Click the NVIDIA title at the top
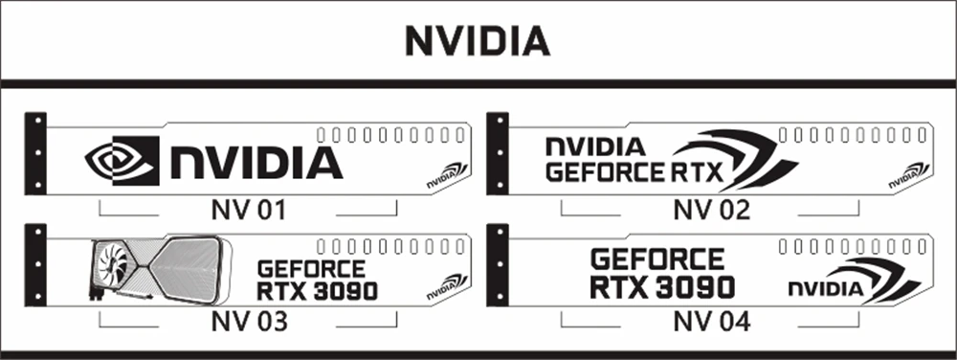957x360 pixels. pos(478,42)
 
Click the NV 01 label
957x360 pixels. pos(249,211)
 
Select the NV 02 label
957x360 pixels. pos(711,211)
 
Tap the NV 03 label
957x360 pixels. pos(249,322)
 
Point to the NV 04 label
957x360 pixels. pos(712,322)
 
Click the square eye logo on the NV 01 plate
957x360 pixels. pos(122,161)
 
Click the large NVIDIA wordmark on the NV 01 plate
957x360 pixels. pos(256,163)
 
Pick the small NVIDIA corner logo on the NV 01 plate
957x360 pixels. pos(447,176)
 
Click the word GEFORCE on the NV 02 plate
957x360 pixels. pos(604,172)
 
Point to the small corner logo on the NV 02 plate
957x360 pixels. pos(909,176)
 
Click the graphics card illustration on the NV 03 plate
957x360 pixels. pos(161,270)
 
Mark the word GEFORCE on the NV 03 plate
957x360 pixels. pos(311,269)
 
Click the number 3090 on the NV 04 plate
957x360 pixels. pos(695,287)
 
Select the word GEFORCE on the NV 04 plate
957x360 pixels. pos(657,259)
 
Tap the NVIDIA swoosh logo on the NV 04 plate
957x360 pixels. pos(855,281)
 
